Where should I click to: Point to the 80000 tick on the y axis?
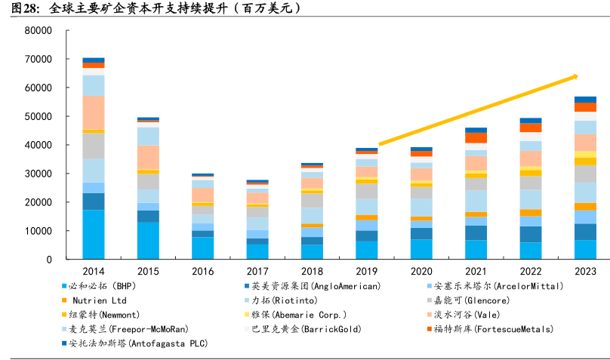pos(37,31)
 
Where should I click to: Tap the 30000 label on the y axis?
pos(37,174)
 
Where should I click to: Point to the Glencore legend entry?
pos(490,301)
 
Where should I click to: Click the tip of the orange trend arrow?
pos(577,75)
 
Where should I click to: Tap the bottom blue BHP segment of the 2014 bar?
pos(94,234)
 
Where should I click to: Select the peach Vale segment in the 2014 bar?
pos(94,112)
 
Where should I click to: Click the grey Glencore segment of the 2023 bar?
pos(585,174)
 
